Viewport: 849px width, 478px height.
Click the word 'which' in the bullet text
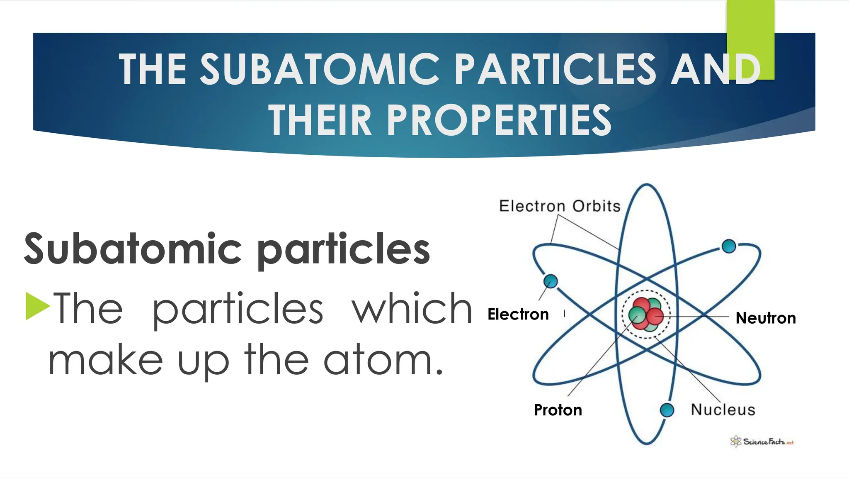click(412, 309)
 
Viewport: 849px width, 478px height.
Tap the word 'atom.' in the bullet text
click(383, 360)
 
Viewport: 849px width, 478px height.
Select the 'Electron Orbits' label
click(560, 206)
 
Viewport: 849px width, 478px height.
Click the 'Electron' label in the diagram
click(518, 315)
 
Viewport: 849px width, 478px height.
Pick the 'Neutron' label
click(766, 318)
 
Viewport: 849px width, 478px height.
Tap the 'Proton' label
click(558, 410)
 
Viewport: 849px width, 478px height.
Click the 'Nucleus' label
click(723, 410)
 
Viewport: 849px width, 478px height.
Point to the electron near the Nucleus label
click(667, 410)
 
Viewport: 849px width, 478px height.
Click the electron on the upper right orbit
click(728, 246)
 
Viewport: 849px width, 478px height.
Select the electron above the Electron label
click(550, 281)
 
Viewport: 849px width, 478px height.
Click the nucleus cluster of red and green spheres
click(645, 315)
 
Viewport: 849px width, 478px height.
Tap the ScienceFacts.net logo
click(762, 441)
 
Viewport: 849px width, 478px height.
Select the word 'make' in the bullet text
click(106, 360)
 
